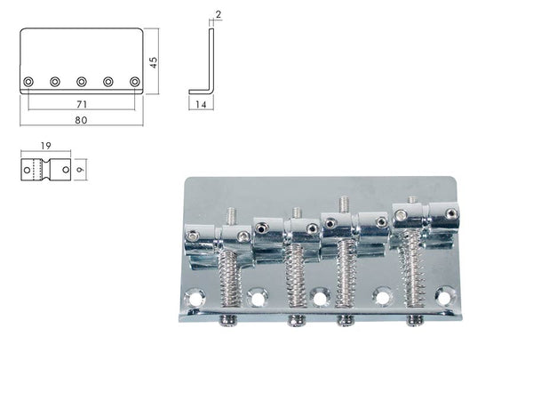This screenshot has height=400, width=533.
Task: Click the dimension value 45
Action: (x=154, y=62)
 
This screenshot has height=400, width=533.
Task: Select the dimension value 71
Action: (x=82, y=104)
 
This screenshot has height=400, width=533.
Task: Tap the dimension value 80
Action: (x=81, y=120)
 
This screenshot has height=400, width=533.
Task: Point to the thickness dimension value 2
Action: (x=219, y=14)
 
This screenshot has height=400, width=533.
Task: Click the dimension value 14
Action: (x=201, y=104)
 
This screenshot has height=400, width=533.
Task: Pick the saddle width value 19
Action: (x=46, y=146)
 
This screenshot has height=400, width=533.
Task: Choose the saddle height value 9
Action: (x=80, y=170)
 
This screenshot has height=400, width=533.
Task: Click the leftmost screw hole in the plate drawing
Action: (x=28, y=82)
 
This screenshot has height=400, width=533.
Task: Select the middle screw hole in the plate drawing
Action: (x=82, y=82)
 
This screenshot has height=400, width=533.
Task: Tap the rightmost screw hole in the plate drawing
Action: (x=135, y=82)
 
